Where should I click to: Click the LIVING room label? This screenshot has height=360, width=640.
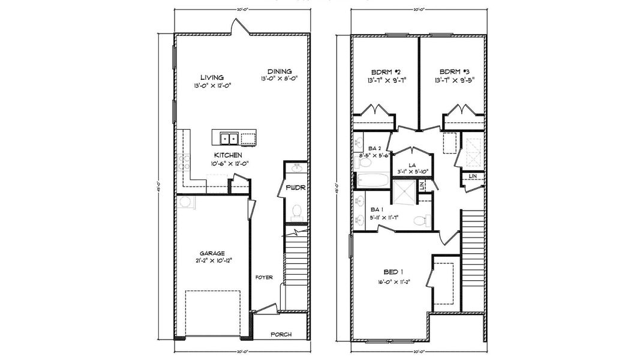pos(212,77)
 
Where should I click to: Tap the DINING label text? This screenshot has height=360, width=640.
pos(279,70)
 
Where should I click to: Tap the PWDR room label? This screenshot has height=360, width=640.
pos(295,187)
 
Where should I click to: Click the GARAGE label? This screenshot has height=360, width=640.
pos(212,253)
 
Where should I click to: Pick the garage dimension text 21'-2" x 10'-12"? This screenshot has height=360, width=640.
pos(212,261)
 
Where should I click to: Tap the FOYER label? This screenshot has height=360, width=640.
pos(264,277)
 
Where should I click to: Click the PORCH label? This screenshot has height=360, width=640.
pos(281,335)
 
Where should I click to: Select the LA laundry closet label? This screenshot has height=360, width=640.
pos(413,164)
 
